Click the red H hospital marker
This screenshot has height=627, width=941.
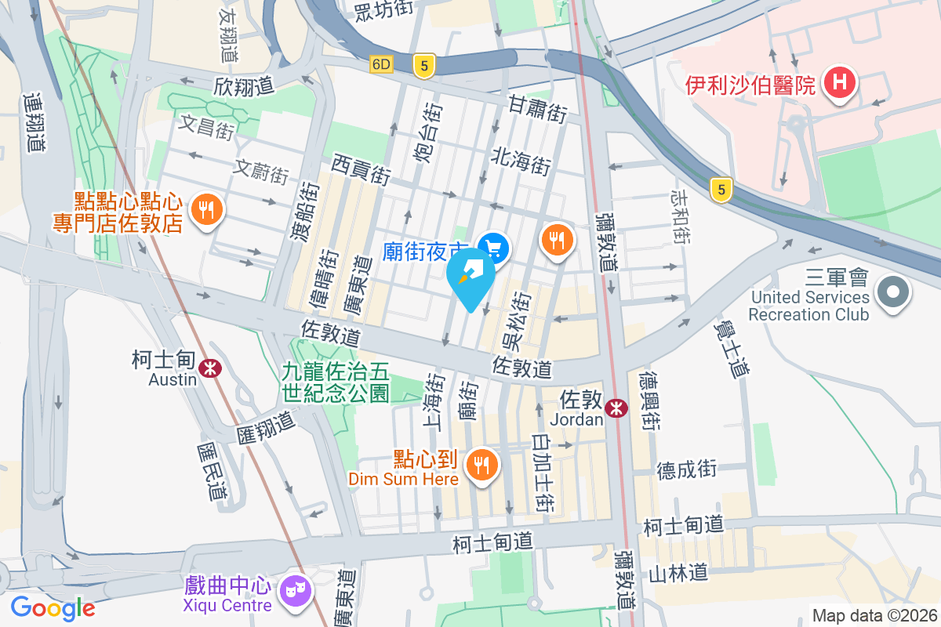(840, 82)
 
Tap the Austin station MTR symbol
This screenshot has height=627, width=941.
(209, 368)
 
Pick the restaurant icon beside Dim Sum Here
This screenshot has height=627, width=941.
(481, 466)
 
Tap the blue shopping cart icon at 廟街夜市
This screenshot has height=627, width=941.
(493, 249)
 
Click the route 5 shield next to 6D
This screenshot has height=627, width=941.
(424, 67)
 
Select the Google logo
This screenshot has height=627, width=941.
(53, 607)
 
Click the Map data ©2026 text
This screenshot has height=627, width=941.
(874, 616)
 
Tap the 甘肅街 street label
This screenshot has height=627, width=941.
(537, 108)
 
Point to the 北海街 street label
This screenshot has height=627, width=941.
(521, 161)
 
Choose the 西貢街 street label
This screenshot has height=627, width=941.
(362, 169)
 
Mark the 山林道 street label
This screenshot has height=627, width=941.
(679, 573)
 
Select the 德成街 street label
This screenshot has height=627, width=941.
(687, 469)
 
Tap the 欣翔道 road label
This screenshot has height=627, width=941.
(244, 85)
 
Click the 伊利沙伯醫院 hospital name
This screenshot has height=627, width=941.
(750, 85)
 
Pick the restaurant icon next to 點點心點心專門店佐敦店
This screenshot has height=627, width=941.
(205, 210)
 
